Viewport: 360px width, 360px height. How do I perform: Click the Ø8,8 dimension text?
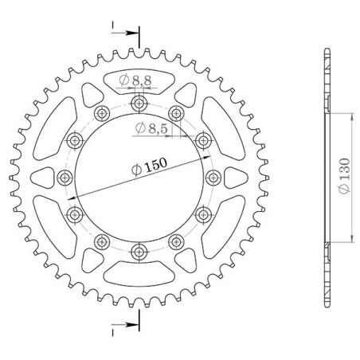coord(136,80)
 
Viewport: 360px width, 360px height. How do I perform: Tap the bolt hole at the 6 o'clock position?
coord(140,252)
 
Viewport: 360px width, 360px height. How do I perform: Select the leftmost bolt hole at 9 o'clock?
coord(65,177)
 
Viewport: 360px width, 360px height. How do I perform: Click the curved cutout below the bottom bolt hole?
coord(140,275)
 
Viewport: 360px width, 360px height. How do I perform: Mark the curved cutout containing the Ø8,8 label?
coord(140,80)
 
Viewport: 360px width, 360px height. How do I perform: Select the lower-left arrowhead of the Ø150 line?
coord(71,198)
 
